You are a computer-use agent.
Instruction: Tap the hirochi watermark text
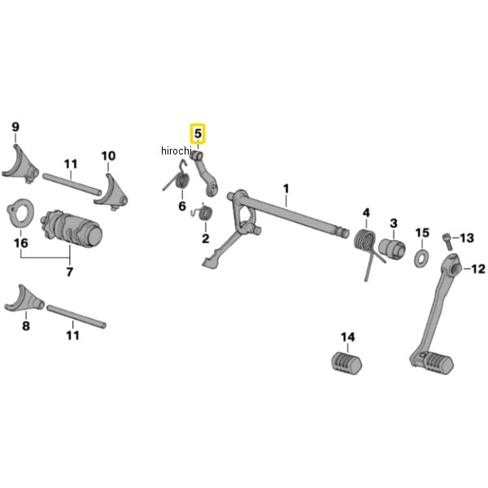pyautogui.click(x=174, y=150)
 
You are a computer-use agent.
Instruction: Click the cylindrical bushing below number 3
pyautogui.click(x=394, y=246)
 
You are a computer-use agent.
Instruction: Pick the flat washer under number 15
pyautogui.click(x=421, y=259)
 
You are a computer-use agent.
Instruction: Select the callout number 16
pyautogui.click(x=20, y=243)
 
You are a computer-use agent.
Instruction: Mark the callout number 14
pyautogui.click(x=347, y=337)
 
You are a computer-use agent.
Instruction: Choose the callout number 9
pyautogui.click(x=15, y=126)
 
